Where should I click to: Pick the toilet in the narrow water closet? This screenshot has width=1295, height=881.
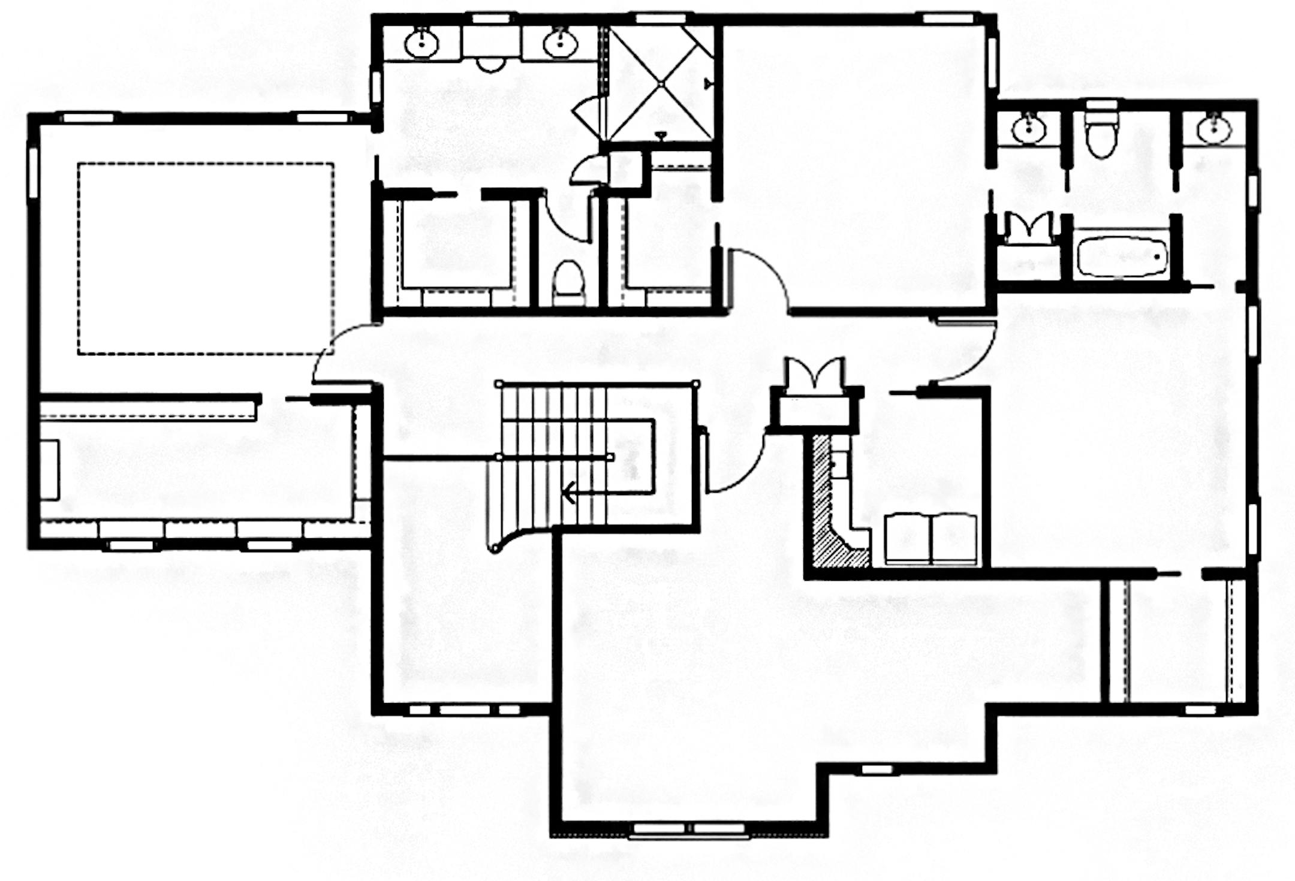(568, 282)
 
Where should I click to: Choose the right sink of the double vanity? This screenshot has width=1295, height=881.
(560, 42)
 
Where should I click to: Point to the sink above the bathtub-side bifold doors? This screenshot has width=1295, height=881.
(1029, 128)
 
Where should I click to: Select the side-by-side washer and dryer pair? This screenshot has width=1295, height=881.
(930, 538)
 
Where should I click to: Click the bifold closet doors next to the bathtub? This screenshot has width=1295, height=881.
(1029, 228)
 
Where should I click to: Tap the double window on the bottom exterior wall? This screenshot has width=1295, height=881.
(689, 829)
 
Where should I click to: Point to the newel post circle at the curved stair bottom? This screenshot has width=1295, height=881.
(495, 548)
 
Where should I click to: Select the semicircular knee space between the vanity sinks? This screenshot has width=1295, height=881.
(490, 65)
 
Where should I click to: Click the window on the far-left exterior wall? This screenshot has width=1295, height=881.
(33, 171)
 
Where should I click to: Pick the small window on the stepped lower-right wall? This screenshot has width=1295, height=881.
(877, 769)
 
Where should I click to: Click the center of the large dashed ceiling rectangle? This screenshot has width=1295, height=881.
(205, 259)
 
